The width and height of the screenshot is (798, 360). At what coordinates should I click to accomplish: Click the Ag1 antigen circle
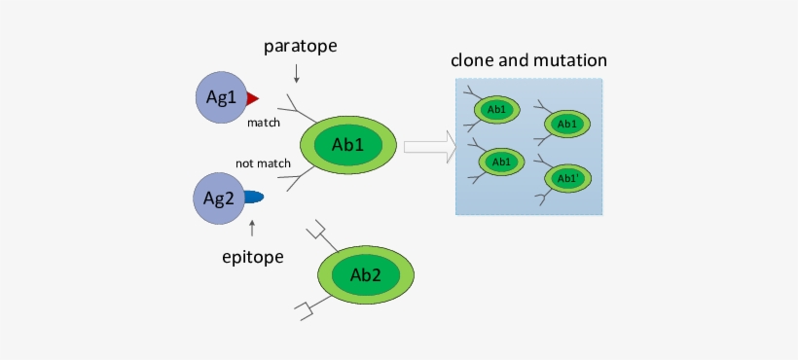click(x=222, y=97)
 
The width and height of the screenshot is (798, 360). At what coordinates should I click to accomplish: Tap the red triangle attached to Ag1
click(x=252, y=98)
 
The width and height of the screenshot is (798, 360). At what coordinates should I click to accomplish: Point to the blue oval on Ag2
click(x=253, y=198)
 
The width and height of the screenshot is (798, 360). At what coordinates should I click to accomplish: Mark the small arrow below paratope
click(x=297, y=73)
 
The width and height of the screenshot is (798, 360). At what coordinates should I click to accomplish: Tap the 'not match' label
click(x=263, y=163)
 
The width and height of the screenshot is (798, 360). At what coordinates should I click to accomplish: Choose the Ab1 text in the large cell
click(x=347, y=145)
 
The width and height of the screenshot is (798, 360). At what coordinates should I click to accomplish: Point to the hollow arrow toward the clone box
click(x=429, y=147)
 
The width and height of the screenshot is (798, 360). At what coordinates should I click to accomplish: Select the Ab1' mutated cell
click(x=567, y=179)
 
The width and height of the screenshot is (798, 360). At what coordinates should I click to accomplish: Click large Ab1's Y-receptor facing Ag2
click(x=292, y=177)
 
